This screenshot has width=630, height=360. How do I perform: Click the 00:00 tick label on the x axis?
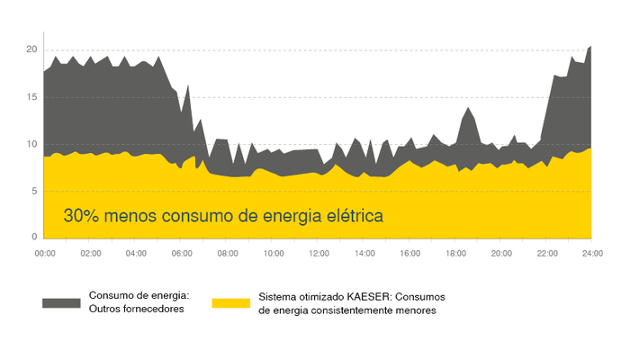(45, 255)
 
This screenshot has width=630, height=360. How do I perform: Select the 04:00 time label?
(136, 255)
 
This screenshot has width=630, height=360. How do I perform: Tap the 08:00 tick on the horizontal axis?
(228, 255)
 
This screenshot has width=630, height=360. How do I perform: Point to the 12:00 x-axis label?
(319, 255)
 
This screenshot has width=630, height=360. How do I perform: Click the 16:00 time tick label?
(409, 255)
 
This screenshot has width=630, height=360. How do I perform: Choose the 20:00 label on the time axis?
(501, 255)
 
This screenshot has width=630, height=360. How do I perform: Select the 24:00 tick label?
(591, 255)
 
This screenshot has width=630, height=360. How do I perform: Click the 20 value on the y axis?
(31, 49)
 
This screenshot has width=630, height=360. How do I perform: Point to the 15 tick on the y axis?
(31, 96)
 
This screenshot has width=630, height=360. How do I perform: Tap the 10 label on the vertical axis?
(31, 144)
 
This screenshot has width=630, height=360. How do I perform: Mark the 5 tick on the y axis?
(33, 191)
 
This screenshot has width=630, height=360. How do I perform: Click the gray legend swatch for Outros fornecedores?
(61, 302)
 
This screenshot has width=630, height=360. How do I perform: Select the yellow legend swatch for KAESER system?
(231, 302)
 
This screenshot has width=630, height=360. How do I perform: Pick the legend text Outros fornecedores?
(135, 310)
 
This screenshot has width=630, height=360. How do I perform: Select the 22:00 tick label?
(546, 255)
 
